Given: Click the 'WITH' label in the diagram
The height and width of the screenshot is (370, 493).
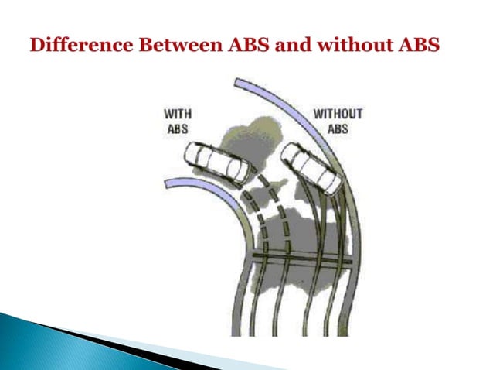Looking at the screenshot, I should [178, 115].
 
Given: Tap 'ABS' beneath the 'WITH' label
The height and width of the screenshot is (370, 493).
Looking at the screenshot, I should [178, 128].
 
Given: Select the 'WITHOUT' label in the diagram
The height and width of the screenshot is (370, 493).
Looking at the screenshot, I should [338, 114].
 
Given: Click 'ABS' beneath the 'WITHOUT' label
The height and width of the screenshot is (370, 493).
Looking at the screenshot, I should [338, 128].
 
